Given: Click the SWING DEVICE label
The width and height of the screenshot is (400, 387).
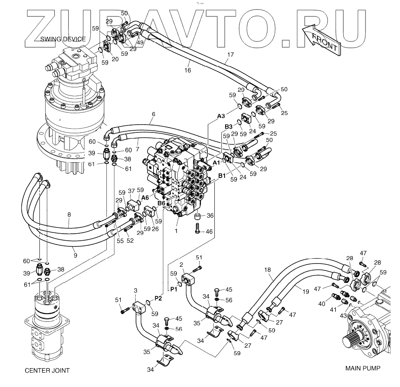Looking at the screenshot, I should click(x=63, y=39).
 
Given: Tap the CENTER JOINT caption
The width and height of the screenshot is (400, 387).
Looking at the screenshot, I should click(x=47, y=371).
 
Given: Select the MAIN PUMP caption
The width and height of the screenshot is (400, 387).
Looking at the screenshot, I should click(x=363, y=368).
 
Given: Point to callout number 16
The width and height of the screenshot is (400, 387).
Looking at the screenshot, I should click(x=188, y=70).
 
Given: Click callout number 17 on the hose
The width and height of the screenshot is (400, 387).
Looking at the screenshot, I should click(x=230, y=54).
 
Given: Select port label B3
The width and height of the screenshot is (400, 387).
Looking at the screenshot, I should click(x=229, y=127).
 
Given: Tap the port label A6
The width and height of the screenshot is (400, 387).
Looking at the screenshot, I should click(x=145, y=197).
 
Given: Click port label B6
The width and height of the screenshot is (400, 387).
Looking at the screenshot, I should click(x=161, y=203).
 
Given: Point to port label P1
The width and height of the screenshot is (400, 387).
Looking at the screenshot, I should click(x=174, y=289).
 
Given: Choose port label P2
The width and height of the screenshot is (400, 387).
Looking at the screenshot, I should click(x=158, y=298).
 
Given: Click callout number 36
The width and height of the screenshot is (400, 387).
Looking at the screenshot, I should click(x=209, y=216).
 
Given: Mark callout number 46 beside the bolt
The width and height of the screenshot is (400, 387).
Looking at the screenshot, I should click(x=209, y=232).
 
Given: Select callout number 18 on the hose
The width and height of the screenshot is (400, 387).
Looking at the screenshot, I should click(x=267, y=270).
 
